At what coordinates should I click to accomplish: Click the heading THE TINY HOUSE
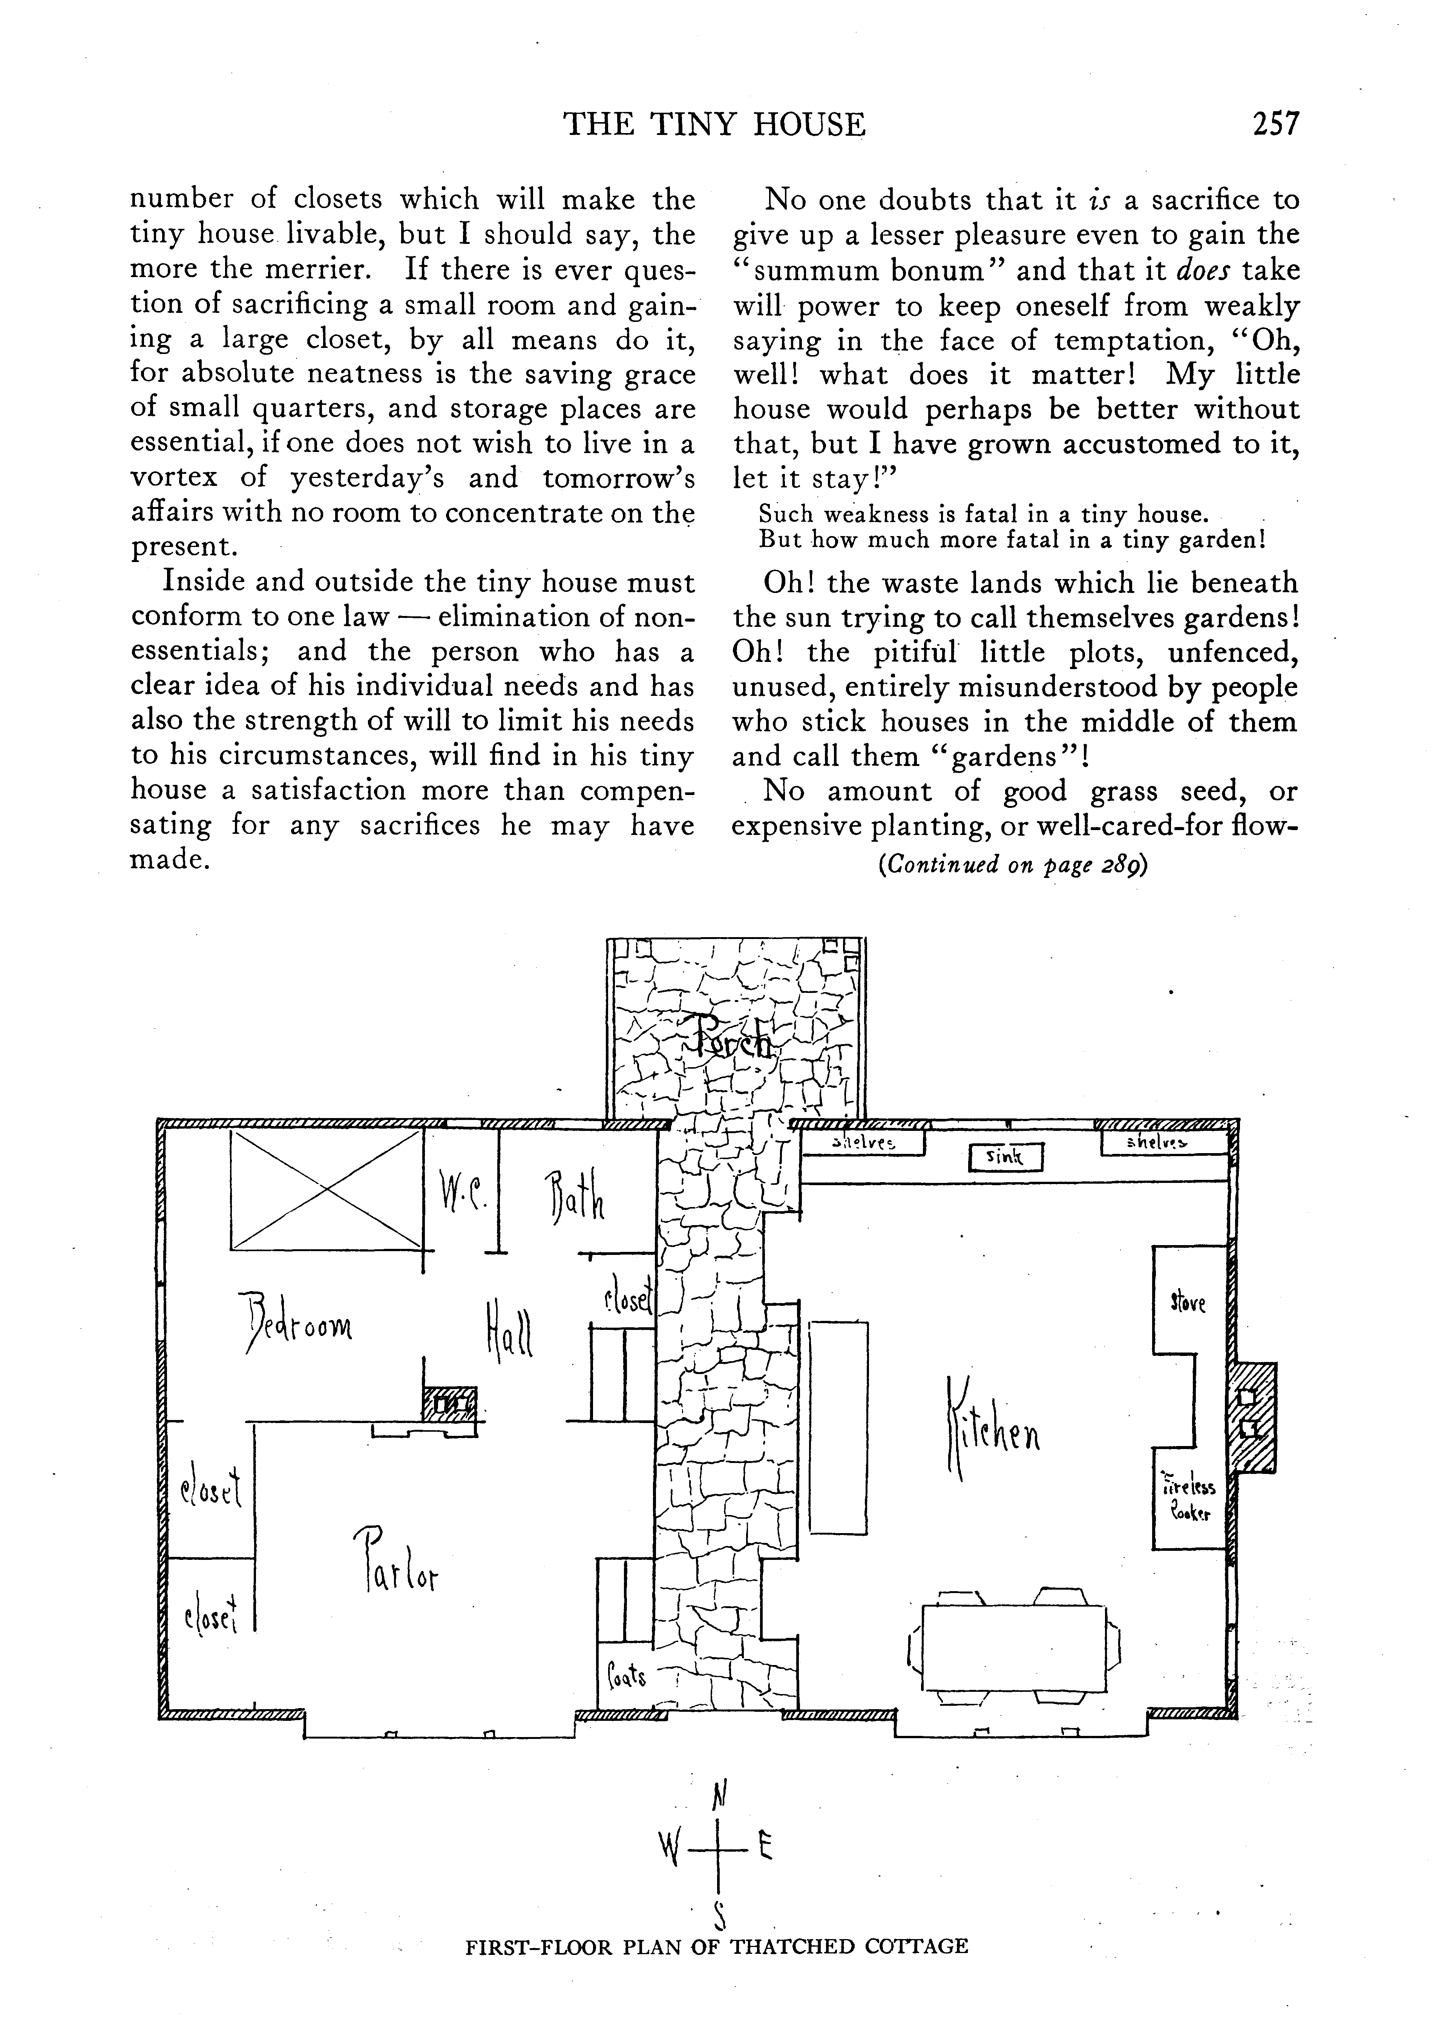click(x=714, y=124)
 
